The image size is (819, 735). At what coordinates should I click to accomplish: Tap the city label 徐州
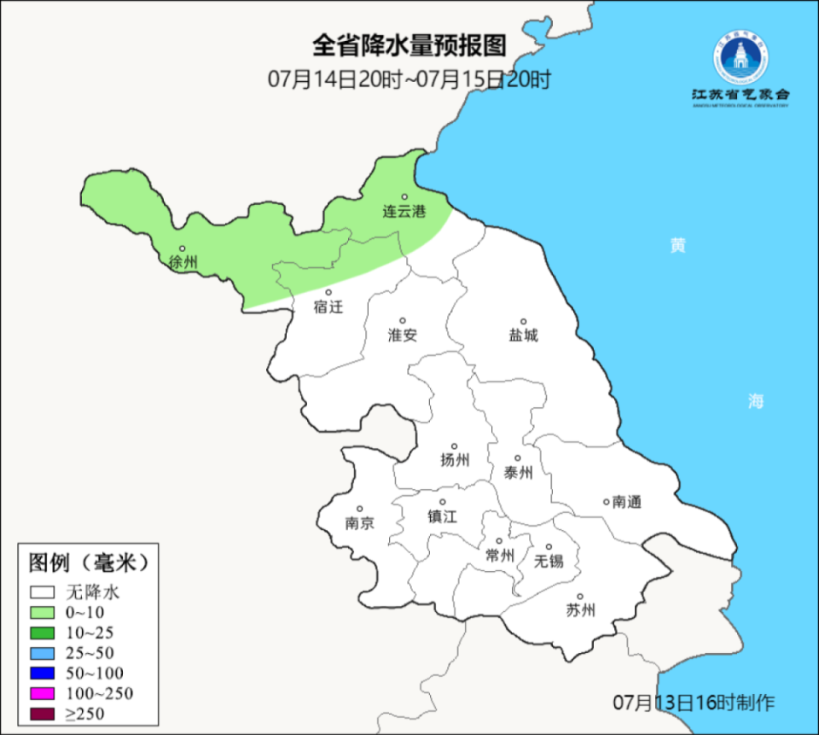click(x=183, y=262)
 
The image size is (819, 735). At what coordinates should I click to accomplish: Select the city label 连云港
click(x=404, y=211)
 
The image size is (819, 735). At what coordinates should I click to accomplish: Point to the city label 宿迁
click(x=328, y=306)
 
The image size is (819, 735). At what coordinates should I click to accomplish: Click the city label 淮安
click(x=403, y=335)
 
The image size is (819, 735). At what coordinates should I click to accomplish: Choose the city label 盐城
click(x=523, y=335)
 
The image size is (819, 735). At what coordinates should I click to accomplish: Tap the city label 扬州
click(x=455, y=461)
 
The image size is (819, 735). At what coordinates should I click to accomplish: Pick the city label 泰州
click(x=518, y=472)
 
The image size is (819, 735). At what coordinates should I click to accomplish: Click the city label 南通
click(x=626, y=502)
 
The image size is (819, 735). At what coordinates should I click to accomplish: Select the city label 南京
click(x=359, y=523)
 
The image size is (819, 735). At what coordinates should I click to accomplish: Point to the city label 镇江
click(x=443, y=516)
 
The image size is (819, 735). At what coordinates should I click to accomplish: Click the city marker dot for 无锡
click(x=549, y=547)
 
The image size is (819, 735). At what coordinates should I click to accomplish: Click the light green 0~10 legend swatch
click(x=43, y=612)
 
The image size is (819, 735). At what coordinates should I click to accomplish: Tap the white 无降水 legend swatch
click(x=43, y=592)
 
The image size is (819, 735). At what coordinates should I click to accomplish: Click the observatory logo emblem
click(x=740, y=58)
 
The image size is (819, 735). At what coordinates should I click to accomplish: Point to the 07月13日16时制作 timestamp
click(x=694, y=703)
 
